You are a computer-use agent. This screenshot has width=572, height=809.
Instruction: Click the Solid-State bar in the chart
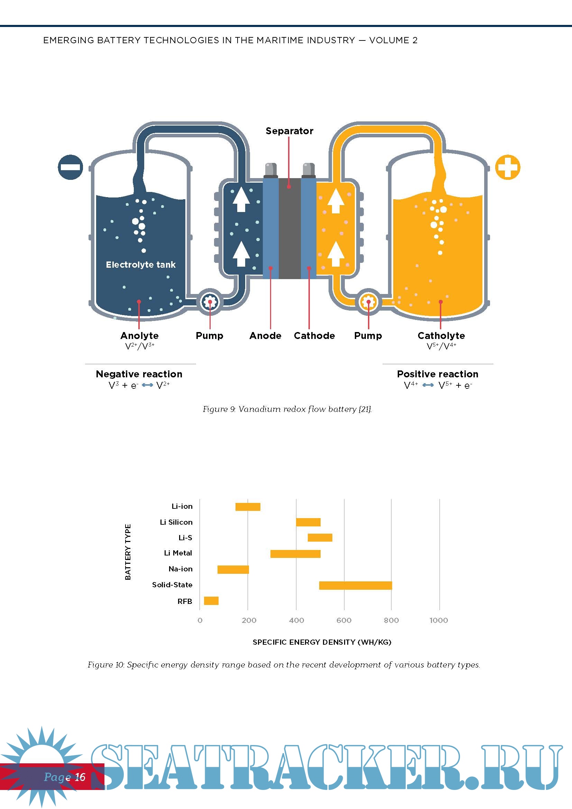coord(355,585)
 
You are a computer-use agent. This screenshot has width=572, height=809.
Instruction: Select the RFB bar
coord(211,601)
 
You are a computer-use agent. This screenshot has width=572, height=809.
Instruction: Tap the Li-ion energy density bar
coord(248,507)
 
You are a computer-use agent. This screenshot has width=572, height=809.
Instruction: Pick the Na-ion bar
coord(233,569)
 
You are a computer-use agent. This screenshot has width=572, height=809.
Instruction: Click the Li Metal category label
coord(178,553)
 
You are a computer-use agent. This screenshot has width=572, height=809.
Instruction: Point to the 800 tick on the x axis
coord(391,620)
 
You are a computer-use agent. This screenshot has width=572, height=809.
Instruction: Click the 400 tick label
coord(296,620)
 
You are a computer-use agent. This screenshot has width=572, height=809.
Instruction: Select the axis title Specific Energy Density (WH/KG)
coord(322,642)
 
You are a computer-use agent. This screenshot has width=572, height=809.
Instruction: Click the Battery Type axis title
coord(128,552)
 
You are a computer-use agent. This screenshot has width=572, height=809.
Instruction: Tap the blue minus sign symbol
coord(71,167)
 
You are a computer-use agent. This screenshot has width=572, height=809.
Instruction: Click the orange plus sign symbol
coord(507,167)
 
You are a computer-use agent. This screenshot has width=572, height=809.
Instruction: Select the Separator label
coord(289,131)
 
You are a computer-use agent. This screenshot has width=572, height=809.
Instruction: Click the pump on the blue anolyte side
coord(210,302)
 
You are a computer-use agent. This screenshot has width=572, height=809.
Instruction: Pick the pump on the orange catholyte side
coord(368,302)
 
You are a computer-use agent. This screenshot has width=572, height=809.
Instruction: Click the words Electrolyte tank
coord(140,265)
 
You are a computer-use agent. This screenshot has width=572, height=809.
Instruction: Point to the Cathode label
coord(314,335)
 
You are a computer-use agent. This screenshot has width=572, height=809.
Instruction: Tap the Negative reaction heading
coord(139,374)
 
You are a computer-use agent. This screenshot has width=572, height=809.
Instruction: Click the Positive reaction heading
coord(437,374)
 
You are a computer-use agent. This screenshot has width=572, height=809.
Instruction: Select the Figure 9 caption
coord(287,409)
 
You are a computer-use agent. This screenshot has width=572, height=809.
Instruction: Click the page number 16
coord(80,777)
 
